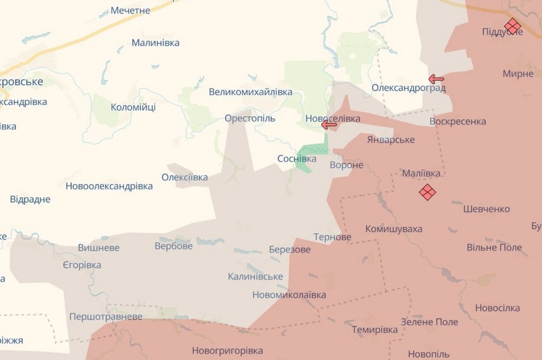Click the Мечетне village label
pos(130,10)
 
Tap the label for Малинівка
pos(156,43)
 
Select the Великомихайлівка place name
pos(250,92)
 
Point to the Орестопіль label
pos(250,118)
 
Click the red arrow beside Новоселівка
pos(328,125)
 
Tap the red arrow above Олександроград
pos(436,79)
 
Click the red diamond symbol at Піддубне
pos(512,25)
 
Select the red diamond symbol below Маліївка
pos(428,192)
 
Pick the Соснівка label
pos(296,159)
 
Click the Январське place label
pos(390,140)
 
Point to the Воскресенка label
pos(457,121)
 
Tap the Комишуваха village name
pos(393,229)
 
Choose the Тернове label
pos(332,237)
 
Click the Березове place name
pos(289,249)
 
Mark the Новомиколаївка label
pos(289,295)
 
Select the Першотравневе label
pos(106,317)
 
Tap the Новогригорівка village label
pos(227,351)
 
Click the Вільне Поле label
pos(494,248)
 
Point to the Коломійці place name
pos(133,107)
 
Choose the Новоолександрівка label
pos(109,187)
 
